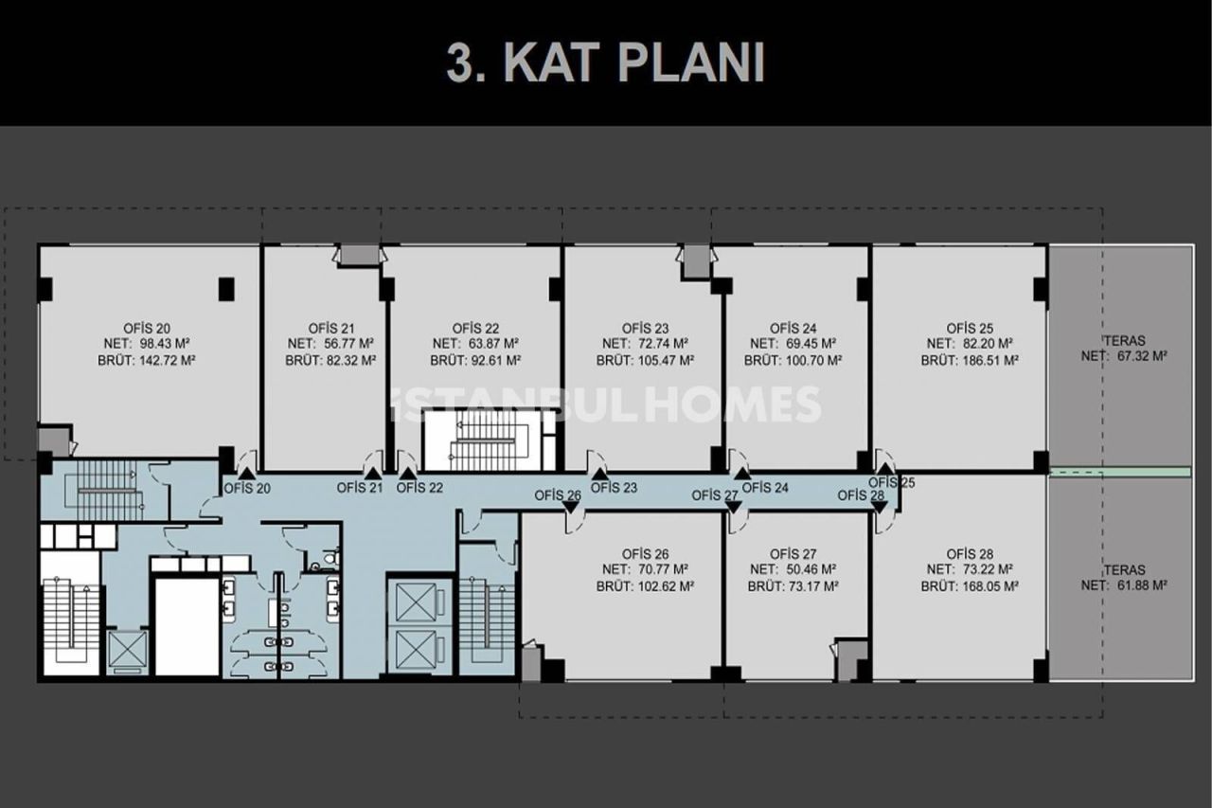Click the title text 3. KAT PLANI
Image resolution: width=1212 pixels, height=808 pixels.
point(605,63)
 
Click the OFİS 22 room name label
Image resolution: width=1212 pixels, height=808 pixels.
point(475,328)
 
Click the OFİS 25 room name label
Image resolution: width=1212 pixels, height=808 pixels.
point(970,328)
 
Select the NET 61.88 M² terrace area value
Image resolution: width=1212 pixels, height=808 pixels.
point(1136,586)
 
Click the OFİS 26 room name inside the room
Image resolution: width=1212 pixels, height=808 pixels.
point(646,553)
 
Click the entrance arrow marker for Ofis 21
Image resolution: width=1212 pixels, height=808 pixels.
point(373,471)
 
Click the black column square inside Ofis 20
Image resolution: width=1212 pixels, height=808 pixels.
point(226,289)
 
